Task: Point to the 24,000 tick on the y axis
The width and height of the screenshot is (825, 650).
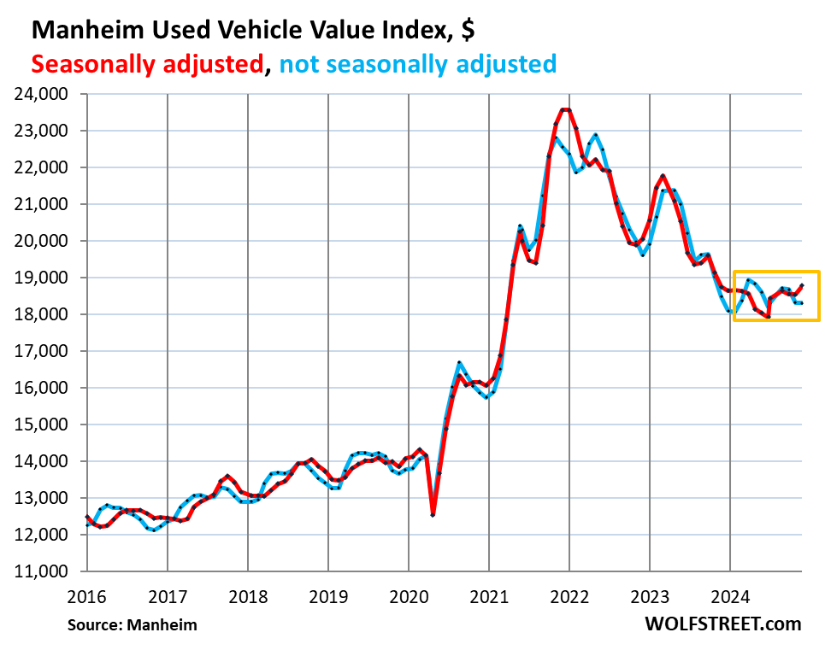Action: (44, 95)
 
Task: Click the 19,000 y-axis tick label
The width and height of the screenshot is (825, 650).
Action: (44, 278)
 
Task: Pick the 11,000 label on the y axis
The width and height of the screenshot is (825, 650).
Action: (44, 571)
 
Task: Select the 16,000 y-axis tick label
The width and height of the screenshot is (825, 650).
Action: (44, 389)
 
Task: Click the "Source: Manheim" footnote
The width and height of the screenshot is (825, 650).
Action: (133, 625)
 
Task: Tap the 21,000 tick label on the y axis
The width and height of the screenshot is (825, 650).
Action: (44, 205)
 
